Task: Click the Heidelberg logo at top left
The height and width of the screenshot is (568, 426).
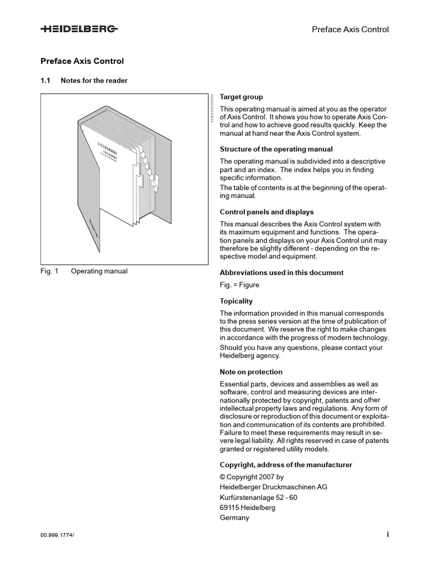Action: click(x=79, y=30)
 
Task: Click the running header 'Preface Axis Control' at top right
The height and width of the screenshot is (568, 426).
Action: click(x=351, y=29)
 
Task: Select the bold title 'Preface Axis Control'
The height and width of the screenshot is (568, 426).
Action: click(x=82, y=61)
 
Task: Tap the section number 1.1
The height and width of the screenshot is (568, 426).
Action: click(x=45, y=80)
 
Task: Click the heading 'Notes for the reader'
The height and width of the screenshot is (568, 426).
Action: click(x=94, y=80)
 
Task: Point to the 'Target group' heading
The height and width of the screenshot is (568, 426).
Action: click(x=241, y=97)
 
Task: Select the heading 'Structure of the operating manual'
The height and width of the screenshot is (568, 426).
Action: click(x=276, y=149)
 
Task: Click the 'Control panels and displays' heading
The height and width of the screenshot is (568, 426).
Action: click(x=267, y=212)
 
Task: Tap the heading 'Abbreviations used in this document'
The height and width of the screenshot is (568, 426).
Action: click(x=282, y=272)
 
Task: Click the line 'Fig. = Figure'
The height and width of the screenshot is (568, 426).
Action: click(x=240, y=285)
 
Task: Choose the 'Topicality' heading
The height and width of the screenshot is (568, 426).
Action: click(x=236, y=301)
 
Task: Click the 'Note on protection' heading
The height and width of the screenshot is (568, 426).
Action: click(x=251, y=372)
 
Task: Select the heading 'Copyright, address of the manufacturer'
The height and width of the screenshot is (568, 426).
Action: click(x=286, y=464)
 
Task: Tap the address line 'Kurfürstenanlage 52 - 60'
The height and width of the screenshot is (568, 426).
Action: click(x=258, y=497)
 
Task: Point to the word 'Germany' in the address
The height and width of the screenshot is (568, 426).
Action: click(x=235, y=518)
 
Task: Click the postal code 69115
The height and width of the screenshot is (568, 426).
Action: click(x=230, y=508)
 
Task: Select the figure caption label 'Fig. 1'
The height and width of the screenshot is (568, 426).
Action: click(x=49, y=271)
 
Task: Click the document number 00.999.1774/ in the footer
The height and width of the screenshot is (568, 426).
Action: click(x=57, y=535)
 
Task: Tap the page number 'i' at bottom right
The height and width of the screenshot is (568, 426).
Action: click(x=388, y=534)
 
